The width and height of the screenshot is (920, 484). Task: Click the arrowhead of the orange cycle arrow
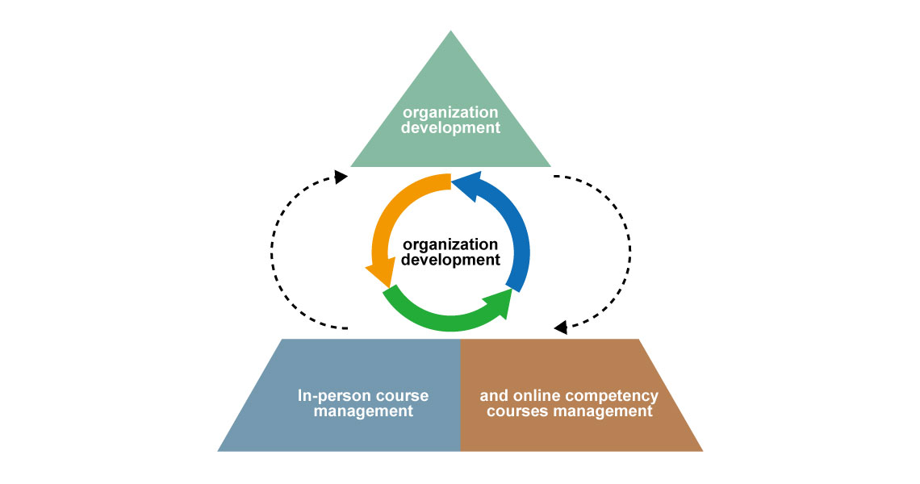tap(378, 276)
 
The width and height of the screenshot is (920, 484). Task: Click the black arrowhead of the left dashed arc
tap(341, 176)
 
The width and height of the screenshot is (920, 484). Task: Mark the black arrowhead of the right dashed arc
tap(561, 328)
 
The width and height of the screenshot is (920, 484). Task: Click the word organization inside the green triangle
tap(450, 112)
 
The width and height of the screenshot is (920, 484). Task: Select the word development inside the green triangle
tap(450, 127)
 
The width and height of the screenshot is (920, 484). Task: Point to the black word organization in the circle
tap(450, 244)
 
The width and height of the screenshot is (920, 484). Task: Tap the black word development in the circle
tap(450, 260)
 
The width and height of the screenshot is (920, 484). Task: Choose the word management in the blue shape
tap(363, 411)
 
